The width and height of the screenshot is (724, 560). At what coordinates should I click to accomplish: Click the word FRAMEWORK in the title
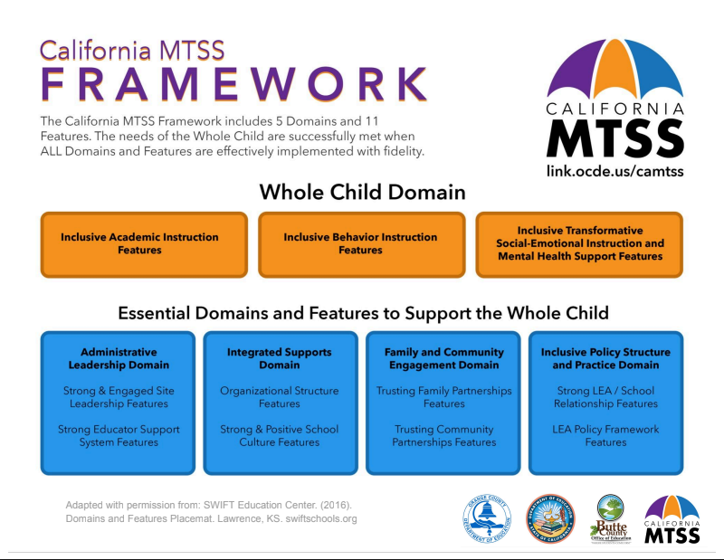233,85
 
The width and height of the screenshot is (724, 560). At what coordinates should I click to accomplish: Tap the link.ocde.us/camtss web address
614,170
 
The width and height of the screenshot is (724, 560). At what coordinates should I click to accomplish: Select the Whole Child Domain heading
362,193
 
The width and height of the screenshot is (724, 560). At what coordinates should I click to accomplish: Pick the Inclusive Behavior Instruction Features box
361,243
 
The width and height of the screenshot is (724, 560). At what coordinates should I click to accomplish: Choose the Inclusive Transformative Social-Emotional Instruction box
579,243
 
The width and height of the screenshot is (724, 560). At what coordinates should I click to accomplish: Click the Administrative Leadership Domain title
119,358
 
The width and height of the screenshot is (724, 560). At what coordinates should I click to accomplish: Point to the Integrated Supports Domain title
280,358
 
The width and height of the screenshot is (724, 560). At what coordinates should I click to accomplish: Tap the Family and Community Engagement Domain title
443,358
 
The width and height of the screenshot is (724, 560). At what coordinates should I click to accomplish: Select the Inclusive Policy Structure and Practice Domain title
605,358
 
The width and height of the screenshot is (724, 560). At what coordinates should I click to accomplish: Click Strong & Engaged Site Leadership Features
119,397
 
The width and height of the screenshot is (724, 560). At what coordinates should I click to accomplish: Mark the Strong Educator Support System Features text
119,436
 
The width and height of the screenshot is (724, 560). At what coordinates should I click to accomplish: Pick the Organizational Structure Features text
280,397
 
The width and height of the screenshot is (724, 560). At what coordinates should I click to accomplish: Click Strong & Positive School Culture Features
280,436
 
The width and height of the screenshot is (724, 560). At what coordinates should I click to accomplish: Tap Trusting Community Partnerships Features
443,436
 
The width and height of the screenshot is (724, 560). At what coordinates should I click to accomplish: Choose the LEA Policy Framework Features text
605,436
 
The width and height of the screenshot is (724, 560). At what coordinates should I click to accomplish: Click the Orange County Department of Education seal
486,518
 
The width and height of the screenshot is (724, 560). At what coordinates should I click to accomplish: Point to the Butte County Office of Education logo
608,518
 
